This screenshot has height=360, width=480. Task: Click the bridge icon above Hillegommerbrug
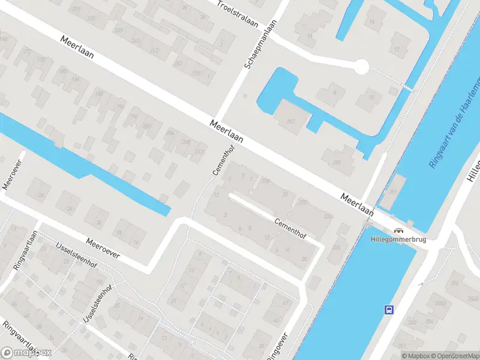point(398,230)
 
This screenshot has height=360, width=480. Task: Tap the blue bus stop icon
point(389,310)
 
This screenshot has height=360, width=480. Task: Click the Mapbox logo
point(26,353)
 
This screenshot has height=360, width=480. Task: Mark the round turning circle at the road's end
point(361,67)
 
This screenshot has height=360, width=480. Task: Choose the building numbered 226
point(337,246)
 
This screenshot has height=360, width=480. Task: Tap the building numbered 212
point(199,151)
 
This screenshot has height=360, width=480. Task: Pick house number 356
point(455,283)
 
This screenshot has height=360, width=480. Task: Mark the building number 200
point(146,127)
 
